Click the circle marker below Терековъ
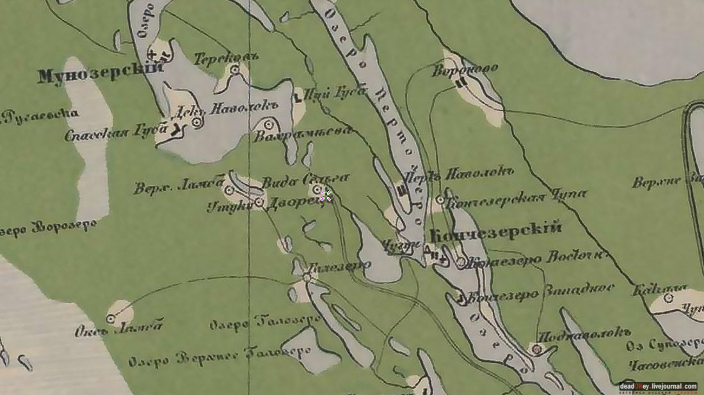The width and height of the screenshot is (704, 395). tap(235, 69)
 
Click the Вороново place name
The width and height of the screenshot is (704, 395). tap(466, 68)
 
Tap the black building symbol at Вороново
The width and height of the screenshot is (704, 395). tap(460, 82)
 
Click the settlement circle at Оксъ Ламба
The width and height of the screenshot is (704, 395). tap(111, 318)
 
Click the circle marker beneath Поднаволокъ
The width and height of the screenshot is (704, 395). tap(536, 349)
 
